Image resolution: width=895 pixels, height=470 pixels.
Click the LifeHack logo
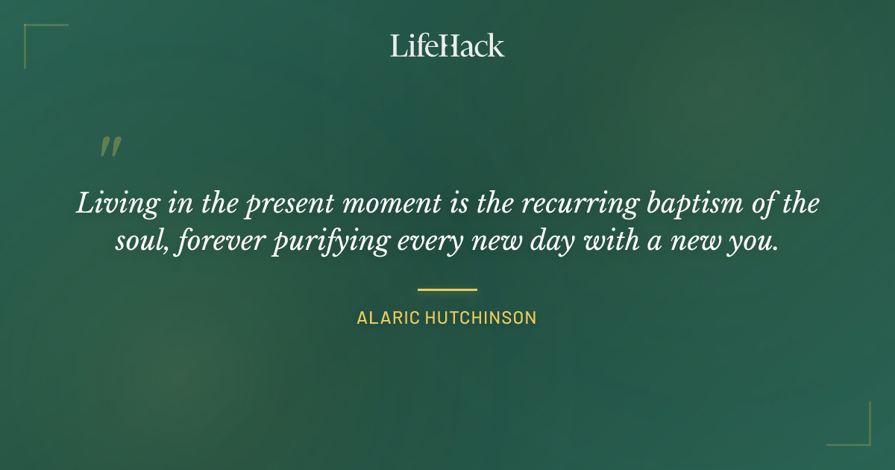coord(447,46)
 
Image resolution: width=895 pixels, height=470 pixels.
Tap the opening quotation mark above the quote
coord(110,147)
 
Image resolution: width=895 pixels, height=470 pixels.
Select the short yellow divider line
coord(447,289)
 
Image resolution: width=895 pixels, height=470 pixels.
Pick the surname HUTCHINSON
coord(481,318)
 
